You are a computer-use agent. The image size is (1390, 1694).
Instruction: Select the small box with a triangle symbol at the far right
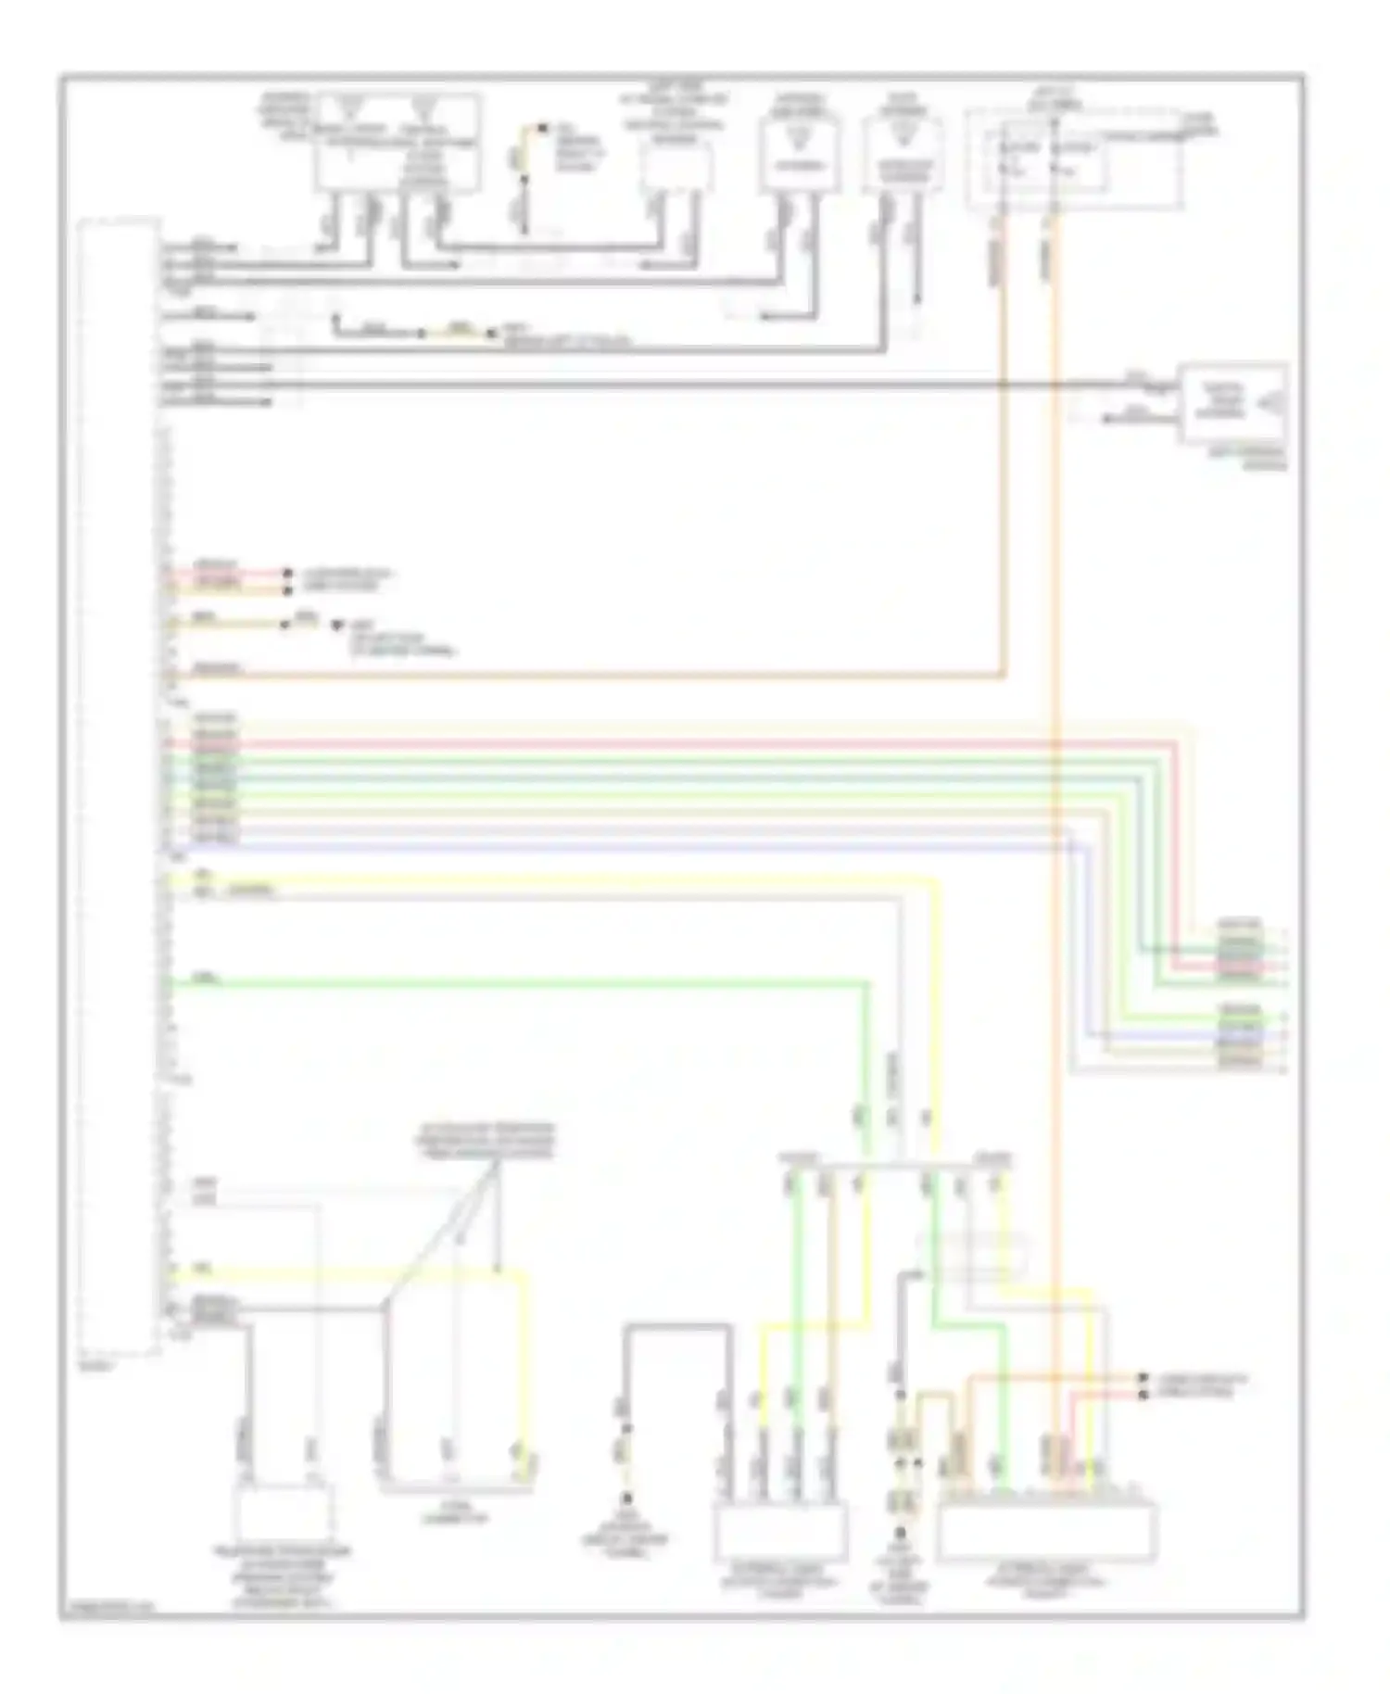[1232, 404]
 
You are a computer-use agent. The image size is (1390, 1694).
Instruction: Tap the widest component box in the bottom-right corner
[1046, 1532]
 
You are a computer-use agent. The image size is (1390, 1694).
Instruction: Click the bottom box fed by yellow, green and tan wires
[780, 1532]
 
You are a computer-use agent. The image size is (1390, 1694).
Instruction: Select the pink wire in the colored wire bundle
[649, 743]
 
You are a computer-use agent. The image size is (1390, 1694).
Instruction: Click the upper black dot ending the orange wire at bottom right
[1143, 1378]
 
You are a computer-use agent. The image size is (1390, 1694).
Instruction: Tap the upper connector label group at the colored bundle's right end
[1240, 949]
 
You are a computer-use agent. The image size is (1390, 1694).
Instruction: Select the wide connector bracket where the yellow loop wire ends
[456, 1489]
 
